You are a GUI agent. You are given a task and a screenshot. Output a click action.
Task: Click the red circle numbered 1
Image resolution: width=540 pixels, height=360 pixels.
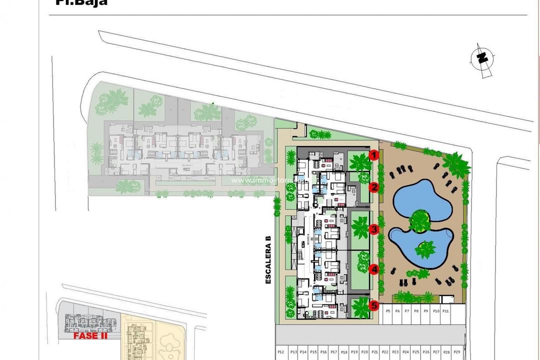(373, 155)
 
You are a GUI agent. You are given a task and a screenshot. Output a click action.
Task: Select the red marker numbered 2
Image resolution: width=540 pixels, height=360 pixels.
(373, 187)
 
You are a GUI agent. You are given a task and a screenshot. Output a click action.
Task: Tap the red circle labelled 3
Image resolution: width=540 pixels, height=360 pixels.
(373, 229)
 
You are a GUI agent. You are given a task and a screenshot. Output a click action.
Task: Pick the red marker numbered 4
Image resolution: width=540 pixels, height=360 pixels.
(373, 269)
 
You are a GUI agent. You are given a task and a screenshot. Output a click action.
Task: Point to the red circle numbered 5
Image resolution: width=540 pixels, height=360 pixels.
(373, 304)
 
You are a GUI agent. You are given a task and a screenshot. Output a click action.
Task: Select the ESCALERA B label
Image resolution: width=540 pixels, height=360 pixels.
(268, 260)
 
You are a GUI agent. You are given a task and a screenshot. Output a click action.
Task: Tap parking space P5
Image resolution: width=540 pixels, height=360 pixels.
(388, 311)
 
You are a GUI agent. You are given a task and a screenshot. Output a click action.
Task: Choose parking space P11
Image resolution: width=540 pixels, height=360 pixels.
(445, 311)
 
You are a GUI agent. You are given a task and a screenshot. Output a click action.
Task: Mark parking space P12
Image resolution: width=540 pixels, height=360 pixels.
(280, 352)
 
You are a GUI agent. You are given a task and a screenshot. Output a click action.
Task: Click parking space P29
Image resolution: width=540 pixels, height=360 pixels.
(456, 352)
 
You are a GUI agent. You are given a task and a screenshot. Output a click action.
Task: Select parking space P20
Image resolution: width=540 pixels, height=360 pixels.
(364, 352)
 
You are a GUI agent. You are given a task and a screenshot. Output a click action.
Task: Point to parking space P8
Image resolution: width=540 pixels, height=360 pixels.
(416, 311)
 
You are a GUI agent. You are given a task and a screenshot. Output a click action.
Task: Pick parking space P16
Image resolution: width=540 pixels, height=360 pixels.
(323, 352)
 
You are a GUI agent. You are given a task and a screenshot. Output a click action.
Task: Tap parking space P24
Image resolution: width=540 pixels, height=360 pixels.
(405, 352)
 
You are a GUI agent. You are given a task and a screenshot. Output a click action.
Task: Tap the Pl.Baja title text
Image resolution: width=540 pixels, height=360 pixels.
(80, 2)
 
